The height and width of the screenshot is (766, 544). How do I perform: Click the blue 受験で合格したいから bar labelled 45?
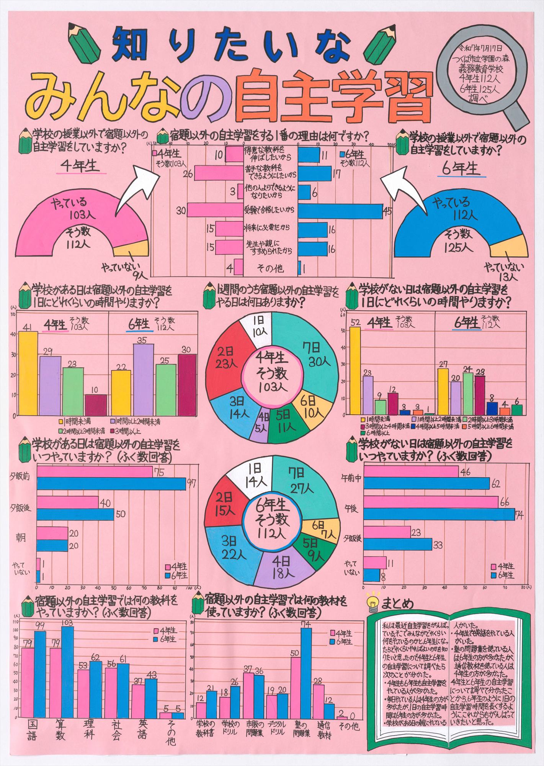point(340,211)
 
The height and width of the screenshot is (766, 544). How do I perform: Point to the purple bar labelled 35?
point(144,379)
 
